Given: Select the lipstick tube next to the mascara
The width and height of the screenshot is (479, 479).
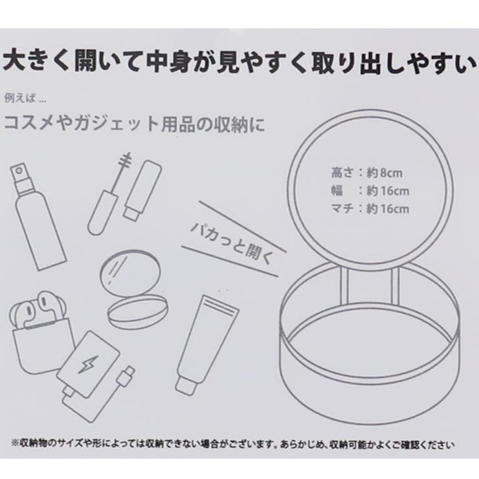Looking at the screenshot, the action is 142,190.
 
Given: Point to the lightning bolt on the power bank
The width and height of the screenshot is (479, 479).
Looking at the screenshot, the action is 87,364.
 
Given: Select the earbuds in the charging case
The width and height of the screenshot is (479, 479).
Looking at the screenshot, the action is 38,308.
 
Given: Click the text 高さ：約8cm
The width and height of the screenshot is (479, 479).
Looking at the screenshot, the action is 367,173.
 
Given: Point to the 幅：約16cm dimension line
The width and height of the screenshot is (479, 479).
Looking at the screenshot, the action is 370,191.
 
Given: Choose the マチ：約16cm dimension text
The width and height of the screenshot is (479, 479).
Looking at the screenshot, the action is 370,209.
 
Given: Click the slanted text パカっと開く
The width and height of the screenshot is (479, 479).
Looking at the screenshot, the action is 231,242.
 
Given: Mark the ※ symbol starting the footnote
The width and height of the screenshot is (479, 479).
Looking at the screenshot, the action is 15,443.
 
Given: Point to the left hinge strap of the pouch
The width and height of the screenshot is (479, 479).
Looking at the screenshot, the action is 345,285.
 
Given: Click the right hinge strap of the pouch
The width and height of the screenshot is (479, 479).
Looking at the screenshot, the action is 395,285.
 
